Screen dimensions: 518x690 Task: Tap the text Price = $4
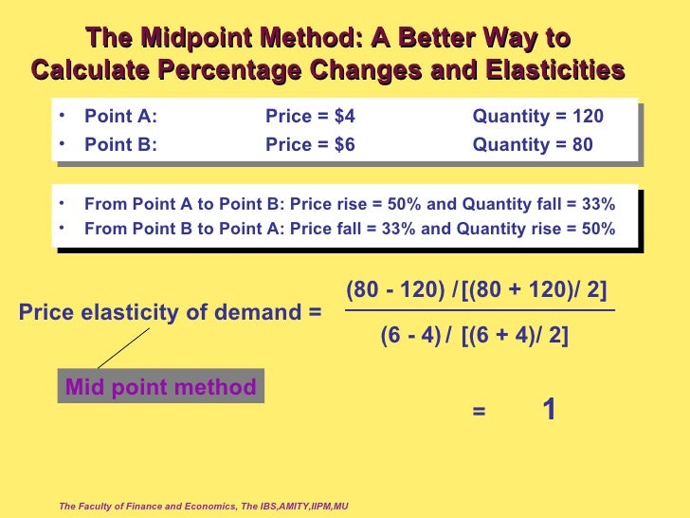(x=310, y=117)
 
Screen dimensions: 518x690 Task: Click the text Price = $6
(x=310, y=145)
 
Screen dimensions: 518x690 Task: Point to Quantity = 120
(x=537, y=117)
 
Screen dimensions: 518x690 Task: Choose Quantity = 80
(x=533, y=145)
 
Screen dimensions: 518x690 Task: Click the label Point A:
(x=120, y=117)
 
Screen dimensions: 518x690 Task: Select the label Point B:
(x=120, y=145)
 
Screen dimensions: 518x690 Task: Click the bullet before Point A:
(x=59, y=116)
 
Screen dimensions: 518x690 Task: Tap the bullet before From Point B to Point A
(x=59, y=228)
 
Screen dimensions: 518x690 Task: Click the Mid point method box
(x=160, y=387)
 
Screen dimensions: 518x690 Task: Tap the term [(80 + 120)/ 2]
(x=535, y=289)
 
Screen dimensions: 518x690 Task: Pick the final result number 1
(x=549, y=409)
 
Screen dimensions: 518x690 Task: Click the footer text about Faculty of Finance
(x=203, y=507)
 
